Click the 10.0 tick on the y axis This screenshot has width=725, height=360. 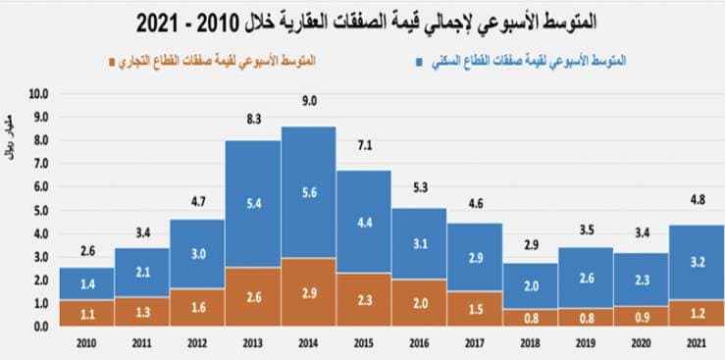point(39,95)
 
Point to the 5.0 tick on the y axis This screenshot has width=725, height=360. point(39,211)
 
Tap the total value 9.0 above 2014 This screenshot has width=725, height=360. point(309,110)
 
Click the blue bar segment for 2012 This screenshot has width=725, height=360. point(198,253)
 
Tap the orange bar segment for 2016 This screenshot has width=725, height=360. point(420,304)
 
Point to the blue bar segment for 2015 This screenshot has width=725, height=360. point(364,222)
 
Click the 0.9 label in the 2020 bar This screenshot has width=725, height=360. point(641,316)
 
